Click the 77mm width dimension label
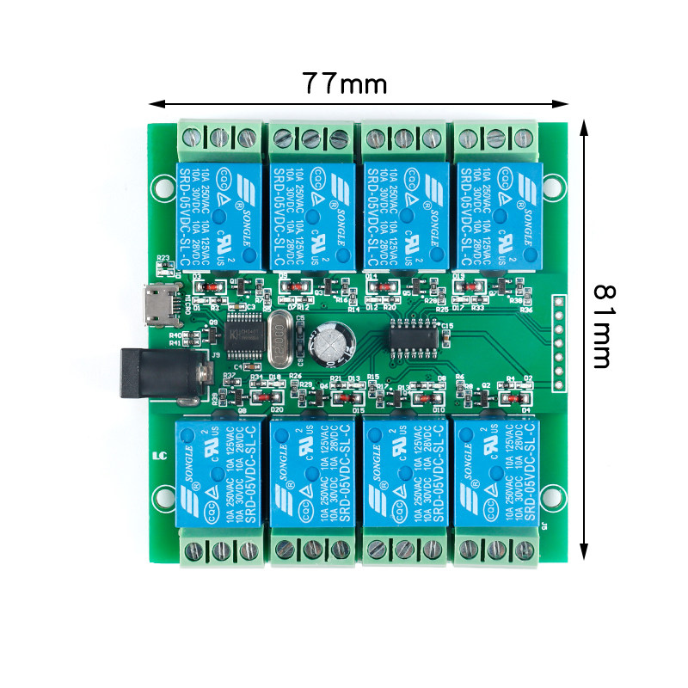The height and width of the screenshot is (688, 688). click(x=344, y=83)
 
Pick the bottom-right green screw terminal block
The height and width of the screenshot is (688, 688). click(x=496, y=550)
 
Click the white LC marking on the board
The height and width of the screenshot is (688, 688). click(x=157, y=456)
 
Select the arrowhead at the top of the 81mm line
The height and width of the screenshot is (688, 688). click(x=585, y=126)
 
